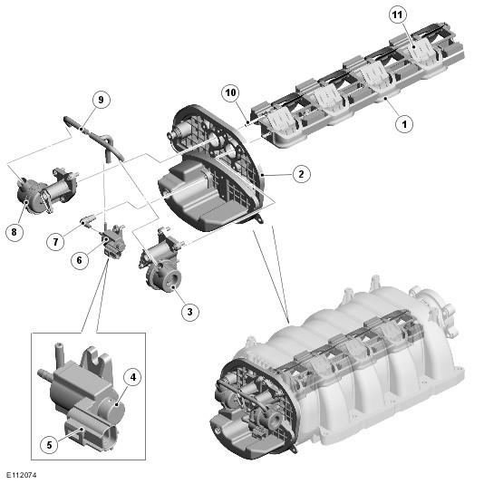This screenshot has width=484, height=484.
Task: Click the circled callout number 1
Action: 404,124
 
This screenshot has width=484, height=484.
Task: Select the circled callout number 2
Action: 301,174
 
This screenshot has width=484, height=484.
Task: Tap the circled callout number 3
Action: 189,312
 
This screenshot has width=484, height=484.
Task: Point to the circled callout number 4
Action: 132,377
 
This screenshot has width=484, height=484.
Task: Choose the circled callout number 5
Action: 49,445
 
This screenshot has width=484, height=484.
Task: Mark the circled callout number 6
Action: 80,260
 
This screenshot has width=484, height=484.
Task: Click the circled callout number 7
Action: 55,242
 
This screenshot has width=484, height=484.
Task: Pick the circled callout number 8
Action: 15,232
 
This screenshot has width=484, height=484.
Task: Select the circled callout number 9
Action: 101,100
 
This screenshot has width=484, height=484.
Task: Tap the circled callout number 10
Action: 230,92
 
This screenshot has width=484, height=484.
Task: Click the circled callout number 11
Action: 398,15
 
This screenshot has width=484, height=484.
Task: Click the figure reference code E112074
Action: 22,475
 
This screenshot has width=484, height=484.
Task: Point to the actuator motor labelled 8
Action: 46,191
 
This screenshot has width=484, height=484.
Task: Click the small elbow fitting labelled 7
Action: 87,221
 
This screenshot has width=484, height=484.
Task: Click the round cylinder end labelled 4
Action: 111,410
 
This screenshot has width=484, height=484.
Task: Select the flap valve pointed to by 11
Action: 421,51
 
